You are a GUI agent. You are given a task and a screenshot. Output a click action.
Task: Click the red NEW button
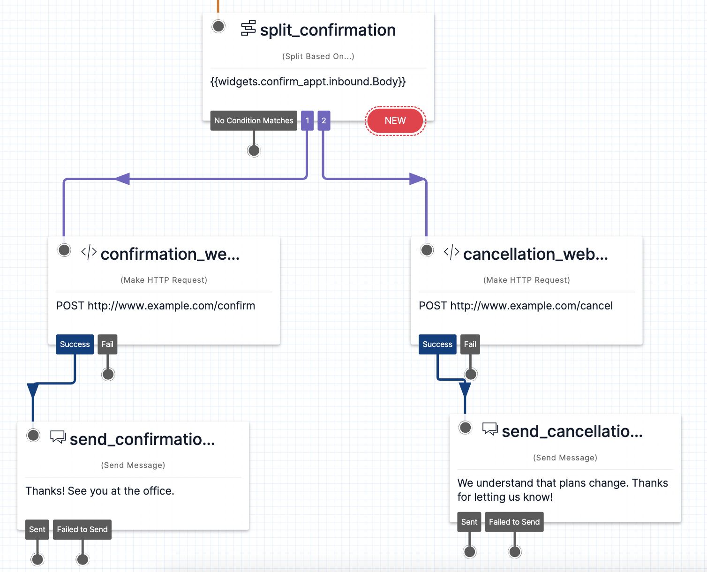(x=395, y=120)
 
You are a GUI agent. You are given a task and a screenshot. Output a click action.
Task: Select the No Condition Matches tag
(x=254, y=120)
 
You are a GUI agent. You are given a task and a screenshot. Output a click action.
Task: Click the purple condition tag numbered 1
(x=308, y=120)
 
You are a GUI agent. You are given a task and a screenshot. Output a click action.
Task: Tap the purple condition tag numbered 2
(x=323, y=120)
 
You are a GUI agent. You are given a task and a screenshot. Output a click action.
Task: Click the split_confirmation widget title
(x=328, y=30)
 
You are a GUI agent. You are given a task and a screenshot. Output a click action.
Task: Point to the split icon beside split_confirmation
(x=248, y=29)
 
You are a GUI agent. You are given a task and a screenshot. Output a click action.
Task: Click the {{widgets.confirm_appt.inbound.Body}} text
(x=308, y=82)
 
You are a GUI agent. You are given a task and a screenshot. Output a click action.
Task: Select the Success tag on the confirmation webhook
(x=75, y=344)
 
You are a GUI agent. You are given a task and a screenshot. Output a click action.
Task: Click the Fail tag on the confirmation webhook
(x=107, y=344)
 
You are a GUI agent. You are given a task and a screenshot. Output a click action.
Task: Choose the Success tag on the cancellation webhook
(x=437, y=344)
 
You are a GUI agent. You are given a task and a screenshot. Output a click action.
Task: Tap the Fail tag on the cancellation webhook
(x=470, y=344)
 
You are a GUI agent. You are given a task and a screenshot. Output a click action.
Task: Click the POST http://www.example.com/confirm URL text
(x=156, y=306)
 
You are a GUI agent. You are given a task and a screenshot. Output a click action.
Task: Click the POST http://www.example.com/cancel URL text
(x=516, y=306)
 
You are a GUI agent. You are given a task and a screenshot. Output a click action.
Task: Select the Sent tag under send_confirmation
(x=37, y=529)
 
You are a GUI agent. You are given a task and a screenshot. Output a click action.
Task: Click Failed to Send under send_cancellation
(x=514, y=522)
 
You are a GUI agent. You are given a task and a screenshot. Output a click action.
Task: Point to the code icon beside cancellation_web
(x=451, y=252)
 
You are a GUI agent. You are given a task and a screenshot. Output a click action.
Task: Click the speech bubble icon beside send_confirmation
(x=58, y=437)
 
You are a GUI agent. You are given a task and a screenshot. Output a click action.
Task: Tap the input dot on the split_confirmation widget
(x=218, y=26)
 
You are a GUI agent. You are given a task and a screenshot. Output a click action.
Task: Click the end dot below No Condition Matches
(x=254, y=151)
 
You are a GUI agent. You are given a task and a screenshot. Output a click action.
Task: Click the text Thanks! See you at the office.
(x=100, y=491)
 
